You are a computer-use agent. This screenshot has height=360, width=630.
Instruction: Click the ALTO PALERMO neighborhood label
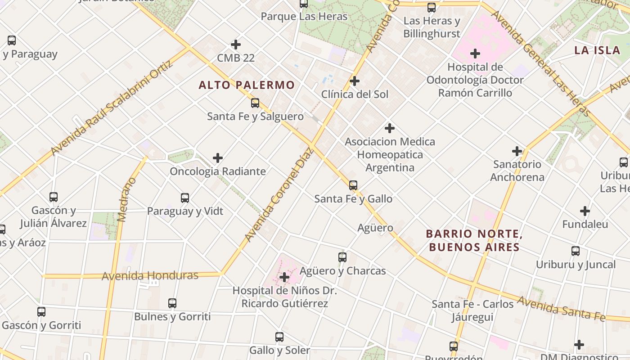pyautogui.click(x=247, y=85)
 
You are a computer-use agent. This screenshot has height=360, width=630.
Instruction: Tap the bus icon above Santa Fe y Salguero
pyautogui.click(x=255, y=103)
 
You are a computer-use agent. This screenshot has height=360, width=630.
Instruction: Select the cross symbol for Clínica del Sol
pyautogui.click(x=355, y=81)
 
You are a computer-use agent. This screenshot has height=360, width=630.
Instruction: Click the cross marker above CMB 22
pyautogui.click(x=235, y=45)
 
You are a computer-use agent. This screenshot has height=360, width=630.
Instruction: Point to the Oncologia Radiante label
pyautogui.click(x=217, y=171)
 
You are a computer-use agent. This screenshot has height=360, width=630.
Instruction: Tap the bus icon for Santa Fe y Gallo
pyautogui.click(x=353, y=185)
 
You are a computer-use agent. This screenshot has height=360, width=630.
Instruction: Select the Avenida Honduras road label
pyautogui.click(x=150, y=275)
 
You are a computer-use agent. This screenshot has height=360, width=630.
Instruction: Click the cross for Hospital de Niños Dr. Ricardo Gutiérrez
pyautogui.click(x=284, y=277)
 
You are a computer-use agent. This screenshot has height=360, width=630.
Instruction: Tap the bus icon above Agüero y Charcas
pyautogui.click(x=342, y=257)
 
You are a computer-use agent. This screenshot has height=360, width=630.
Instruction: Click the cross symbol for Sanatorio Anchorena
pyautogui.click(x=517, y=151)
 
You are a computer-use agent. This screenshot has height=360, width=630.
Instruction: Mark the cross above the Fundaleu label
pyautogui.click(x=585, y=211)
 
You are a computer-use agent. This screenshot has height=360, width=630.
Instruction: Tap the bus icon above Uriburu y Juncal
pyautogui.click(x=576, y=251)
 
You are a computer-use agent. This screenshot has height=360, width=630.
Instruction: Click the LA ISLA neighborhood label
pyautogui.click(x=597, y=50)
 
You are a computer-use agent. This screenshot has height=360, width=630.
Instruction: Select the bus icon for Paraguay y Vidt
pyautogui.click(x=185, y=198)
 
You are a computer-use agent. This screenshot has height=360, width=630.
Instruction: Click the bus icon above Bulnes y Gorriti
pyautogui.click(x=172, y=303)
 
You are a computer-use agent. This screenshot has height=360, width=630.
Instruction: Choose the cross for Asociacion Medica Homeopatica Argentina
pyautogui.click(x=390, y=128)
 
